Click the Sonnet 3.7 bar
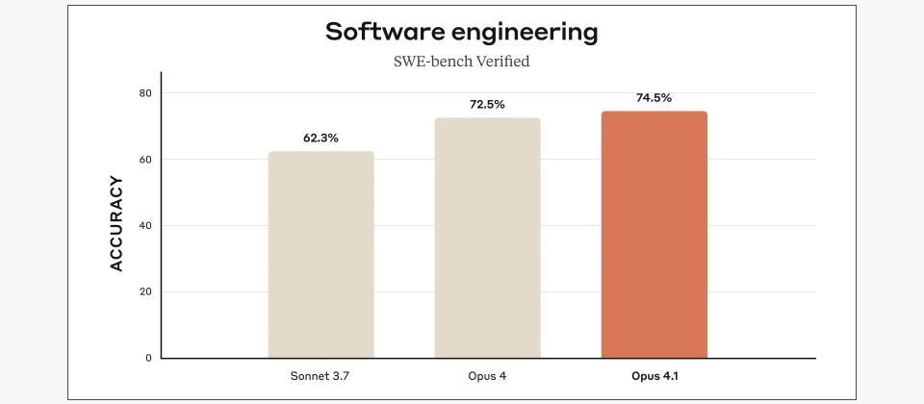tap(321, 255)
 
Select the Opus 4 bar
tap(487, 239)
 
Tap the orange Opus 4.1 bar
tap(654, 235)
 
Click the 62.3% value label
tap(321, 139)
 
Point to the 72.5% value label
tap(487, 105)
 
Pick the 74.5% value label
tap(654, 98)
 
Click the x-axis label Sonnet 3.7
tap(321, 374)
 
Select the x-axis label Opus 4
tap(487, 374)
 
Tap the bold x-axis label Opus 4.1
tap(654, 374)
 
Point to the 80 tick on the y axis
tap(145, 93)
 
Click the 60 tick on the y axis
tap(145, 160)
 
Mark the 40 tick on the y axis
tap(145, 226)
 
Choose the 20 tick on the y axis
tap(145, 292)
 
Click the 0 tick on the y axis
tap(148, 358)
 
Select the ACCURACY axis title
tap(116, 223)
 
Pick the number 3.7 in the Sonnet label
tap(340, 374)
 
